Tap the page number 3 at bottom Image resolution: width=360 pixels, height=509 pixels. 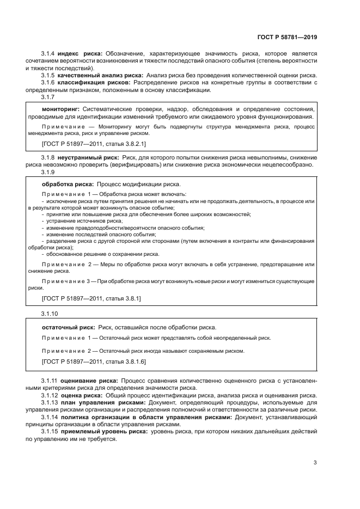pyautogui.click(x=315, y=463)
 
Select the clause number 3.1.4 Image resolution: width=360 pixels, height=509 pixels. pyautogui.click(x=48, y=54)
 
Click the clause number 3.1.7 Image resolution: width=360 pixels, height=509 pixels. pyautogui.click(x=48, y=96)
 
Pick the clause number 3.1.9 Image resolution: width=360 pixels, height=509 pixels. pyautogui.click(x=48, y=172)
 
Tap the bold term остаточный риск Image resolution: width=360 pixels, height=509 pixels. pyautogui.click(x=69, y=327)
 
